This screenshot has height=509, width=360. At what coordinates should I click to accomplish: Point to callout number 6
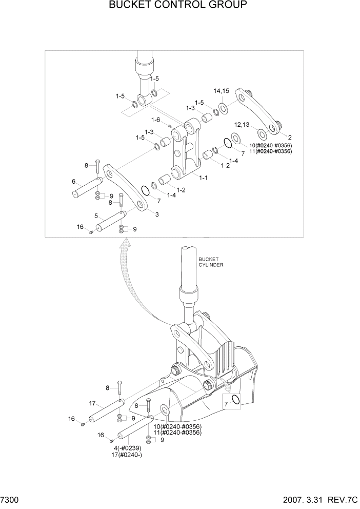(x=73, y=182)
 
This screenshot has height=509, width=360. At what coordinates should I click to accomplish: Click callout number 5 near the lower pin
(x=95, y=216)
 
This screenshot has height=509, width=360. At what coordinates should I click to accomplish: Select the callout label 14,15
(x=222, y=91)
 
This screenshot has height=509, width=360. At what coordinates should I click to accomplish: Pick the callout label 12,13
(x=243, y=125)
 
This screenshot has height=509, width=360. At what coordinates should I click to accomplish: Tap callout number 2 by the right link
(x=290, y=138)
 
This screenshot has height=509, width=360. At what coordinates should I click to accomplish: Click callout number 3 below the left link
(x=156, y=214)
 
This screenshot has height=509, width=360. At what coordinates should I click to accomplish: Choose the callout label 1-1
(x=203, y=178)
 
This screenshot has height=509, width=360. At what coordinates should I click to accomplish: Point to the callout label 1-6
(x=156, y=120)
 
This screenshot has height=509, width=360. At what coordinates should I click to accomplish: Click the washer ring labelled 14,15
(x=223, y=108)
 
